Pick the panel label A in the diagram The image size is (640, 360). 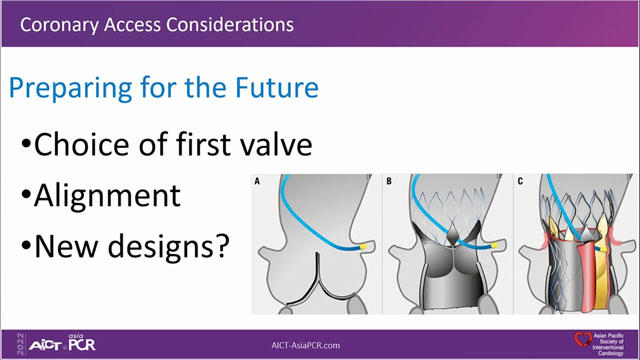click(257, 182)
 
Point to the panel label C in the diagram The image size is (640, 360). click(517, 182)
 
